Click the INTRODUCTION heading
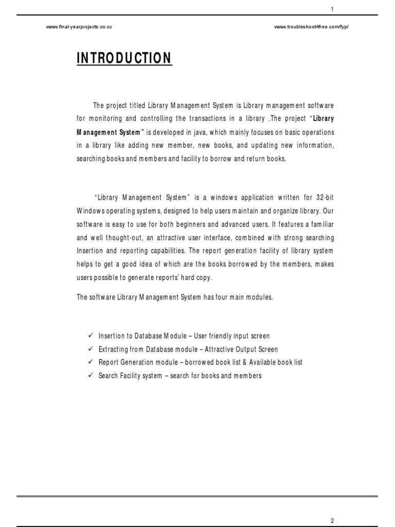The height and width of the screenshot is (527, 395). click(x=124, y=59)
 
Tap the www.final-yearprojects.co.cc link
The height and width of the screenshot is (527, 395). click(x=79, y=27)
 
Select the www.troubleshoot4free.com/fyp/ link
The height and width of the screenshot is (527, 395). click(x=312, y=27)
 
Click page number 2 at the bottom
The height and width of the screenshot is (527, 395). click(x=333, y=520)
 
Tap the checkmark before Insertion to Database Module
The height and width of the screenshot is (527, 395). click(x=91, y=336)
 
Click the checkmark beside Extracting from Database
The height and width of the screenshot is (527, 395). click(x=91, y=349)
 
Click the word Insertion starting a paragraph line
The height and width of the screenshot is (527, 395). click(x=91, y=251)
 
